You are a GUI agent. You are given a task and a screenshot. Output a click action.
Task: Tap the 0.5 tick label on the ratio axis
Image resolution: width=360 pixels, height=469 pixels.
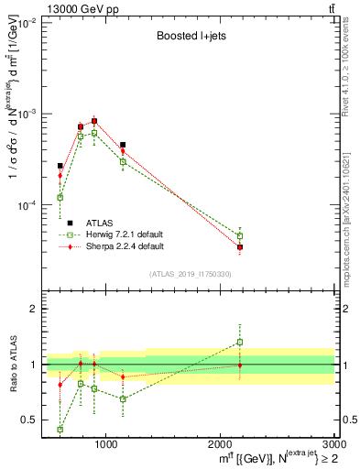pos(31,420)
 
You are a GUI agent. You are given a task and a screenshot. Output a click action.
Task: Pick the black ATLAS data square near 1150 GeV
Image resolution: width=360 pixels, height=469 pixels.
pos(123,145)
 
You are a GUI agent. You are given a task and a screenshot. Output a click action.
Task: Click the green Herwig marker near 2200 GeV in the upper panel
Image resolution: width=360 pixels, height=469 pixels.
pos(240,235)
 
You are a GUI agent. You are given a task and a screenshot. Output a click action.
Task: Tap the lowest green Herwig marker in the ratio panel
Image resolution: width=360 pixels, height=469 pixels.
pos(60,429)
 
